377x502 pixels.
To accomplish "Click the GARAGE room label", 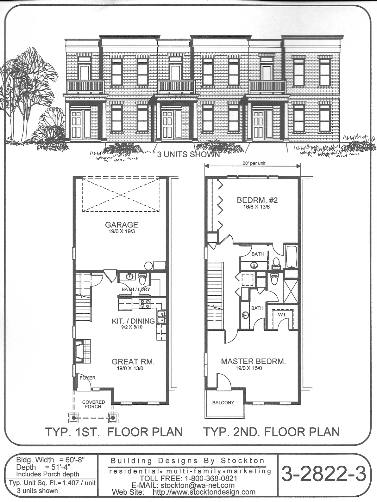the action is pyautogui.click(x=121, y=225).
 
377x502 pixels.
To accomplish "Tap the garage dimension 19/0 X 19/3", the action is pyautogui.click(x=121, y=232).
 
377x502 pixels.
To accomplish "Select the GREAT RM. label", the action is pyautogui.click(x=133, y=362).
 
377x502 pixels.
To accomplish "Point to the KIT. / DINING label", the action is pyautogui.click(x=133, y=321).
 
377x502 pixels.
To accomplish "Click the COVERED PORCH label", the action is pyautogui.click(x=93, y=404).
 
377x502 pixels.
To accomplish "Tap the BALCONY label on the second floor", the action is pyautogui.click(x=223, y=403).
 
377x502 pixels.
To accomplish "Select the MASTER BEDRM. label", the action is pyautogui.click(x=253, y=361).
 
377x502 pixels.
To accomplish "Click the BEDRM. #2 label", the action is pyautogui.click(x=257, y=200).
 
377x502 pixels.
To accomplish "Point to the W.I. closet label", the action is pyautogui.click(x=282, y=315).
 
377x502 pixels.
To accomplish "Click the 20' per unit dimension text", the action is pyautogui.click(x=254, y=163).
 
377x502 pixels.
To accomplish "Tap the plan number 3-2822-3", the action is pyautogui.click(x=324, y=474).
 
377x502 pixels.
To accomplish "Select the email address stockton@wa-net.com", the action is pyautogui.click(x=198, y=485).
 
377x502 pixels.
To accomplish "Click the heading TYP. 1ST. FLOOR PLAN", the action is pyautogui.click(x=114, y=432).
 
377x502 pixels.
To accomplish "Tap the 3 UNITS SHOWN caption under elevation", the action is pyautogui.click(x=188, y=154).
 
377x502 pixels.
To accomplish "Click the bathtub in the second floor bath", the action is pyautogui.click(x=291, y=257).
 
